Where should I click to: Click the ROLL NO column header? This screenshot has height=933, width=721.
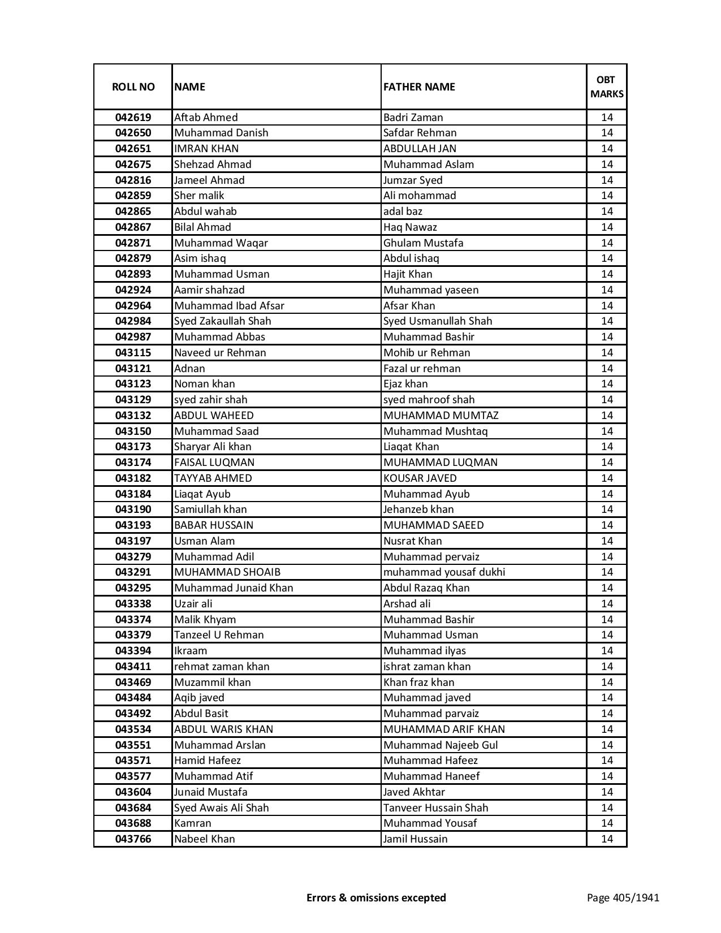click(x=133, y=87)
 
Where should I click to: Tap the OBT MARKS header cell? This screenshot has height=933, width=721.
click(x=607, y=87)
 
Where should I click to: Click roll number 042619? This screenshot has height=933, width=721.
click(x=133, y=118)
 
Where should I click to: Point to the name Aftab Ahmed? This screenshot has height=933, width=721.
click(x=206, y=118)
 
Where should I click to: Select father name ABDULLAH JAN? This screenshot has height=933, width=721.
click(x=420, y=149)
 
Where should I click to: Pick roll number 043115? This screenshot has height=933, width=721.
click(x=133, y=353)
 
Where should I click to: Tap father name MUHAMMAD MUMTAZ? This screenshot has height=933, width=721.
click(x=441, y=416)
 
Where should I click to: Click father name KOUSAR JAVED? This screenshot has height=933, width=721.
click(x=420, y=478)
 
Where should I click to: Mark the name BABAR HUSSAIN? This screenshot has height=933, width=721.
click(x=213, y=525)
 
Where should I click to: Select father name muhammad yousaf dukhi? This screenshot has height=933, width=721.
click(x=444, y=572)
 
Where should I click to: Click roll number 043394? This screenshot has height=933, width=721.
click(x=133, y=651)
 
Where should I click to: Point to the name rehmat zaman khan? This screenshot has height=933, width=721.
click(x=221, y=667)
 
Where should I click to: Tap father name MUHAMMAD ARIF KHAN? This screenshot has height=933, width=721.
click(x=444, y=729)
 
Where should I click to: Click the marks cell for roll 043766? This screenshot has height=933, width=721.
click(x=607, y=839)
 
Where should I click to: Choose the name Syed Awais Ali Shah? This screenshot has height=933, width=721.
click(x=221, y=808)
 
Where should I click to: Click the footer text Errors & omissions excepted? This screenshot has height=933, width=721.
click(x=376, y=897)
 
